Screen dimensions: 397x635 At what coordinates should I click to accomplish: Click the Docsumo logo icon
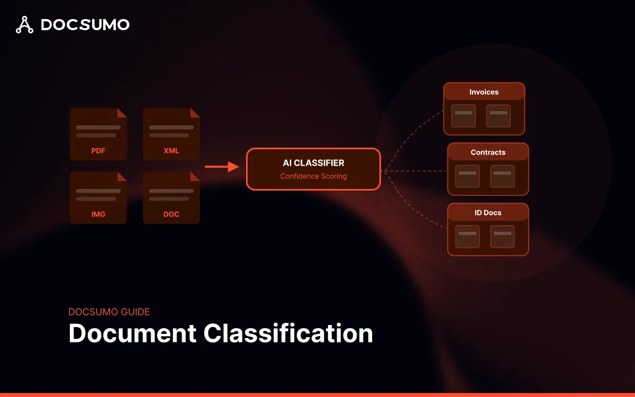tap(24, 25)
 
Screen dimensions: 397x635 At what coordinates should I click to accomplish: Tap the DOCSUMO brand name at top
tap(85, 25)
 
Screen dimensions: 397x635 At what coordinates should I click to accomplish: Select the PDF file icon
tap(98, 134)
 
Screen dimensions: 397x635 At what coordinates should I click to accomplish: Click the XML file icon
tap(171, 134)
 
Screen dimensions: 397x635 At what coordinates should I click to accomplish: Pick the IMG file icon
tap(98, 197)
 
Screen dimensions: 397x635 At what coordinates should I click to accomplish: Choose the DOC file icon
tap(171, 197)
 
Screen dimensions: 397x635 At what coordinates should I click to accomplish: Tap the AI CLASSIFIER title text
tap(313, 163)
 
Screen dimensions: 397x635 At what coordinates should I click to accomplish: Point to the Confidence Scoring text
tap(313, 176)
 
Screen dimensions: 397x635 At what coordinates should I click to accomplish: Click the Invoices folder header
tap(484, 92)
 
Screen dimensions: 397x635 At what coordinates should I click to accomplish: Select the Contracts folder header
tap(488, 152)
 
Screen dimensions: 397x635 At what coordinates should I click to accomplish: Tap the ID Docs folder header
tap(488, 213)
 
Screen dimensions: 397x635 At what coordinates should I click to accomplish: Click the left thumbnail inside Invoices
tap(464, 116)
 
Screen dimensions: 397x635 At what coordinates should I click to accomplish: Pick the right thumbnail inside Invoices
tap(498, 116)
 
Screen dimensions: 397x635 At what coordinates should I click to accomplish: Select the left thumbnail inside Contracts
tap(468, 176)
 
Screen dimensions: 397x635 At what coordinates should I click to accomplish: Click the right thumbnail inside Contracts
tap(503, 176)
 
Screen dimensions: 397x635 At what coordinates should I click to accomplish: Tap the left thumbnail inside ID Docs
tap(468, 237)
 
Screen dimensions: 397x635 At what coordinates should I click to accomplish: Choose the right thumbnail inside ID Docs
tap(503, 237)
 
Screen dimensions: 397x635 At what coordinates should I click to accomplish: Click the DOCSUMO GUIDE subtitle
tap(109, 312)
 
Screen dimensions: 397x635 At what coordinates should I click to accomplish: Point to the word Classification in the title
tap(288, 333)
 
